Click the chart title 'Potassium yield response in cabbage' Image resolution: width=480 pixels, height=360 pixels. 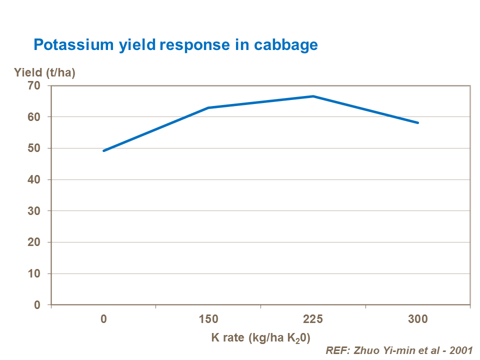(x=175, y=45)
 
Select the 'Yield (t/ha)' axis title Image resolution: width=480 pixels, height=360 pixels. (x=44, y=73)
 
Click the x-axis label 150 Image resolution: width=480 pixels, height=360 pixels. (x=208, y=319)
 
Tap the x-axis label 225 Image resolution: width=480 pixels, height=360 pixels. (x=313, y=319)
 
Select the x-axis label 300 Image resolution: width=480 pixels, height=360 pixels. (x=418, y=319)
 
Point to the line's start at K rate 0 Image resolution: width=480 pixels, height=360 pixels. (x=103, y=150)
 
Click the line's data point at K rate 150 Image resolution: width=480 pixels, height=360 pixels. (x=208, y=107)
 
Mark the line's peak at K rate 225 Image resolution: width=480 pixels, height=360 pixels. (x=313, y=96)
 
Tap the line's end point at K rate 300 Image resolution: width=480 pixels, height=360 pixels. (x=418, y=122)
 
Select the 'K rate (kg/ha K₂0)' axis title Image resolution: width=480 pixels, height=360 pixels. (x=260, y=337)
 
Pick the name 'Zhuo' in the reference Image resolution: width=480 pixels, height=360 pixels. (x=364, y=350)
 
